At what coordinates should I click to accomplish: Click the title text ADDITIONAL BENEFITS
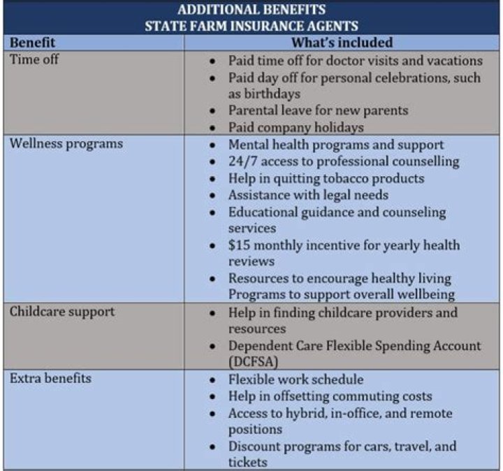251,10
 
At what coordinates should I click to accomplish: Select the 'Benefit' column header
33,43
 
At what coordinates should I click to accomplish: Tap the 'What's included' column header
344,43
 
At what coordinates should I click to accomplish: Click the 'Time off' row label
34,59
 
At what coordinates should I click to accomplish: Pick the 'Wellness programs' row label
66,144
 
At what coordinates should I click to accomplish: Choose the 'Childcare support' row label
62,312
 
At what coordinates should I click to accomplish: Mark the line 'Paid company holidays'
296,127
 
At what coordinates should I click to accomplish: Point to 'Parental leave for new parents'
318,110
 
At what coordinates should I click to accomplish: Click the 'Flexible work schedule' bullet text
296,379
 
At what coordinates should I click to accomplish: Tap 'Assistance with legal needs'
308,195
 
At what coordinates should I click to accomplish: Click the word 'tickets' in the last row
249,462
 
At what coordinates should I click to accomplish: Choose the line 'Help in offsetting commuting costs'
330,396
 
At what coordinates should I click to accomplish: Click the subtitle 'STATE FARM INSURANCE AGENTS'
251,27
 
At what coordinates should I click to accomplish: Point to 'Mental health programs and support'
336,145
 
